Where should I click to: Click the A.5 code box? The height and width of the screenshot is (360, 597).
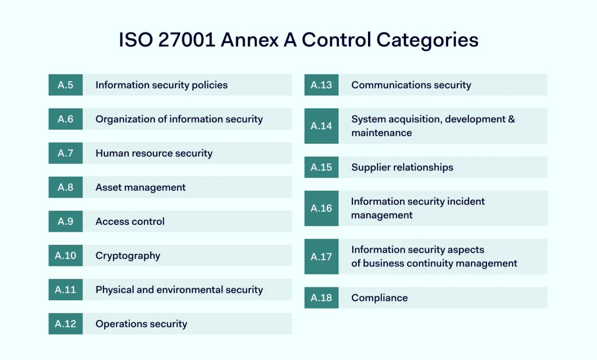(x=65, y=85)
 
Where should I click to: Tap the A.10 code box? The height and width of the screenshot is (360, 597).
(x=65, y=256)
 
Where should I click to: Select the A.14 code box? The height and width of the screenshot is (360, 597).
(x=321, y=126)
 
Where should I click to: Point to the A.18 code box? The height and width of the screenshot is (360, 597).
(x=321, y=298)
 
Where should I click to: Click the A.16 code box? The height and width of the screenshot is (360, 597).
(x=321, y=208)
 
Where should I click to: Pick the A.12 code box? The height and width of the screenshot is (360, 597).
(x=65, y=324)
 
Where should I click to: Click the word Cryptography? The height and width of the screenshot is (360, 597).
(x=128, y=256)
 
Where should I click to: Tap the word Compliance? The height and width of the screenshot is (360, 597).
(x=379, y=298)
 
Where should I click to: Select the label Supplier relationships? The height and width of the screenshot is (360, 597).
(x=402, y=167)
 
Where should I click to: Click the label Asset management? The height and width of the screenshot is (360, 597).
(x=140, y=187)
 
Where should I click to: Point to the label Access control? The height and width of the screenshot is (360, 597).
(x=130, y=222)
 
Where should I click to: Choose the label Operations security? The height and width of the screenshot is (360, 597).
(x=141, y=324)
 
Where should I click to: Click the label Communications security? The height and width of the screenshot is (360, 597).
(x=411, y=85)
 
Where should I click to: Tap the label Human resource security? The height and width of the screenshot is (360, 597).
(x=154, y=153)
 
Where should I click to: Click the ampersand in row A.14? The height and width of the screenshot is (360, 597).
(x=512, y=119)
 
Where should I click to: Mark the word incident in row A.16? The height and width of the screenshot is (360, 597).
(x=466, y=201)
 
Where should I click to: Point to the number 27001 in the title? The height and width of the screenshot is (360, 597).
(x=187, y=40)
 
